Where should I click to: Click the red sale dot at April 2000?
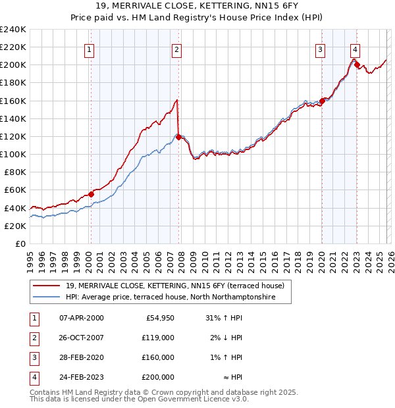(x=91, y=194)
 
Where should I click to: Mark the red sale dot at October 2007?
(x=178, y=137)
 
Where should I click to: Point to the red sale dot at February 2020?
(x=322, y=101)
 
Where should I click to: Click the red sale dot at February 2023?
(x=357, y=64)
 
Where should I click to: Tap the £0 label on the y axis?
(x=19, y=243)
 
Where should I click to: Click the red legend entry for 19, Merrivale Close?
(x=174, y=286)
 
